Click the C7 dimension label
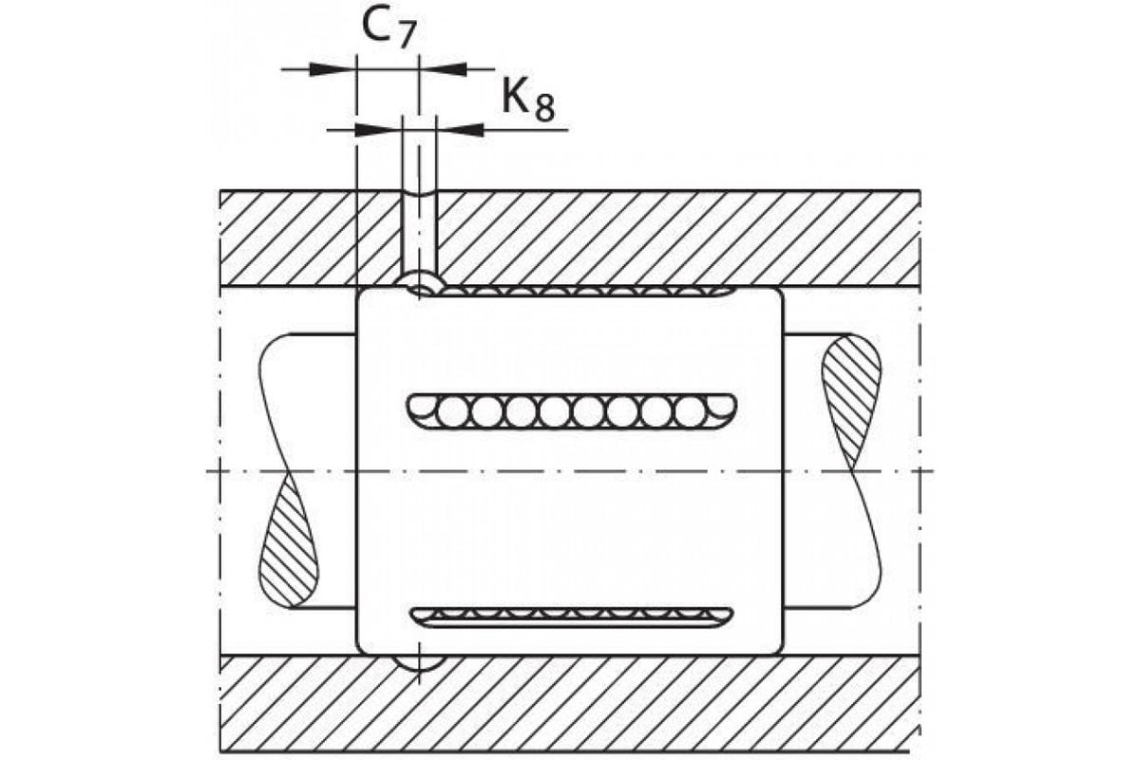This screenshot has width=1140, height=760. [389, 28]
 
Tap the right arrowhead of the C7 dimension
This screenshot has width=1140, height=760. [443, 69]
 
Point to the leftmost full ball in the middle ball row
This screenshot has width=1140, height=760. [452, 411]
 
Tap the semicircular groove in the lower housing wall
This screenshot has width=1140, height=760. [419, 663]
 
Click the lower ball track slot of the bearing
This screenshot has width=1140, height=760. [572, 617]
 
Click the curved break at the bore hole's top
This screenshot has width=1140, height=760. [419, 194]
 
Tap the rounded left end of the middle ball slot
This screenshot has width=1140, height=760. [415, 411]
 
